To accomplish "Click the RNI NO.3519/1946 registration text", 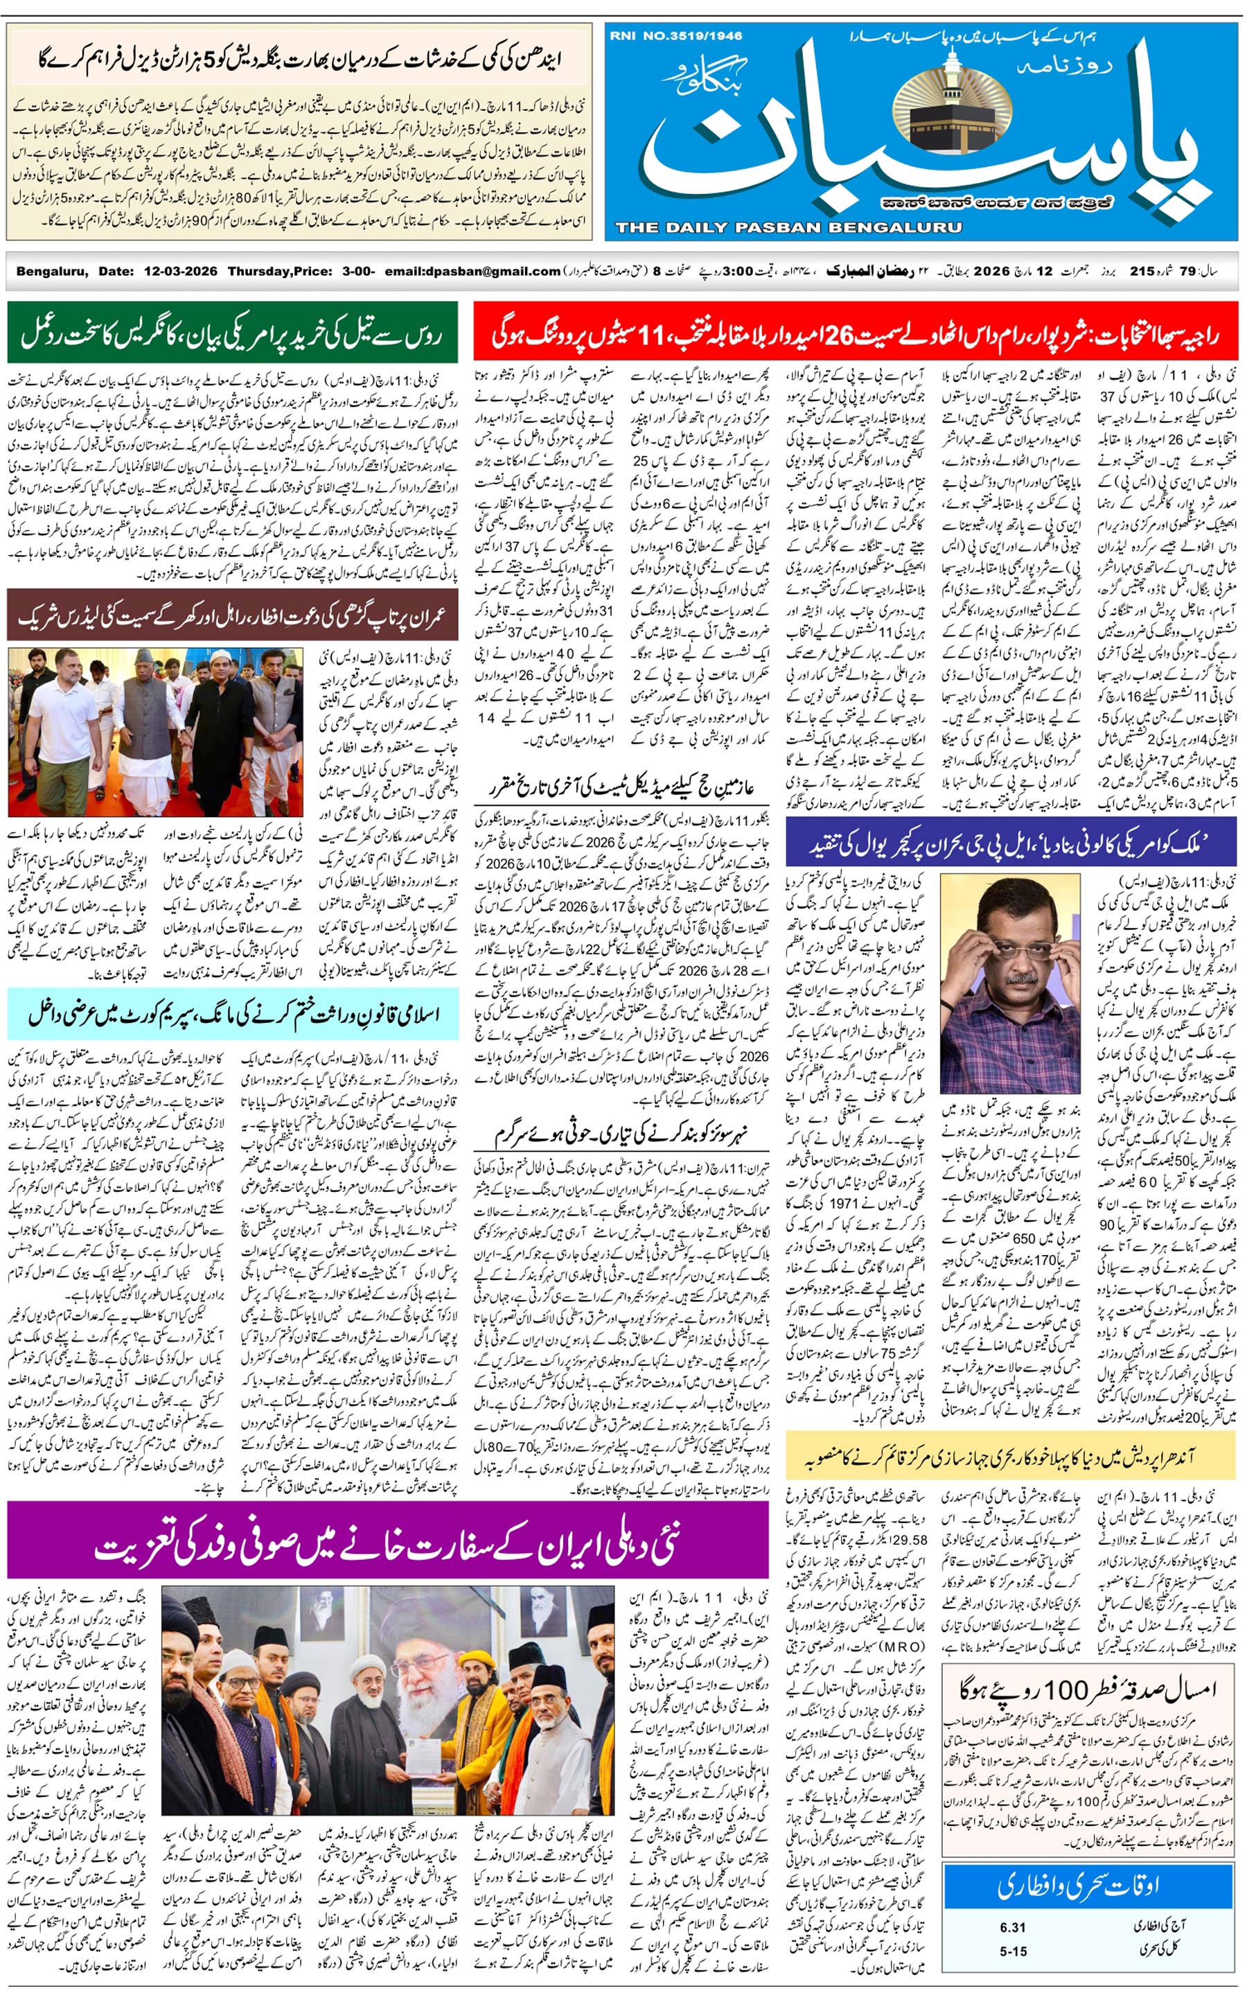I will [x=675, y=35].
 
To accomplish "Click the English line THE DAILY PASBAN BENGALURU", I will [x=788, y=227].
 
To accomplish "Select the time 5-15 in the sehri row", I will [x=1013, y=1951].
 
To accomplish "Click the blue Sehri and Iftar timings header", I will [x=1088, y=1886].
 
